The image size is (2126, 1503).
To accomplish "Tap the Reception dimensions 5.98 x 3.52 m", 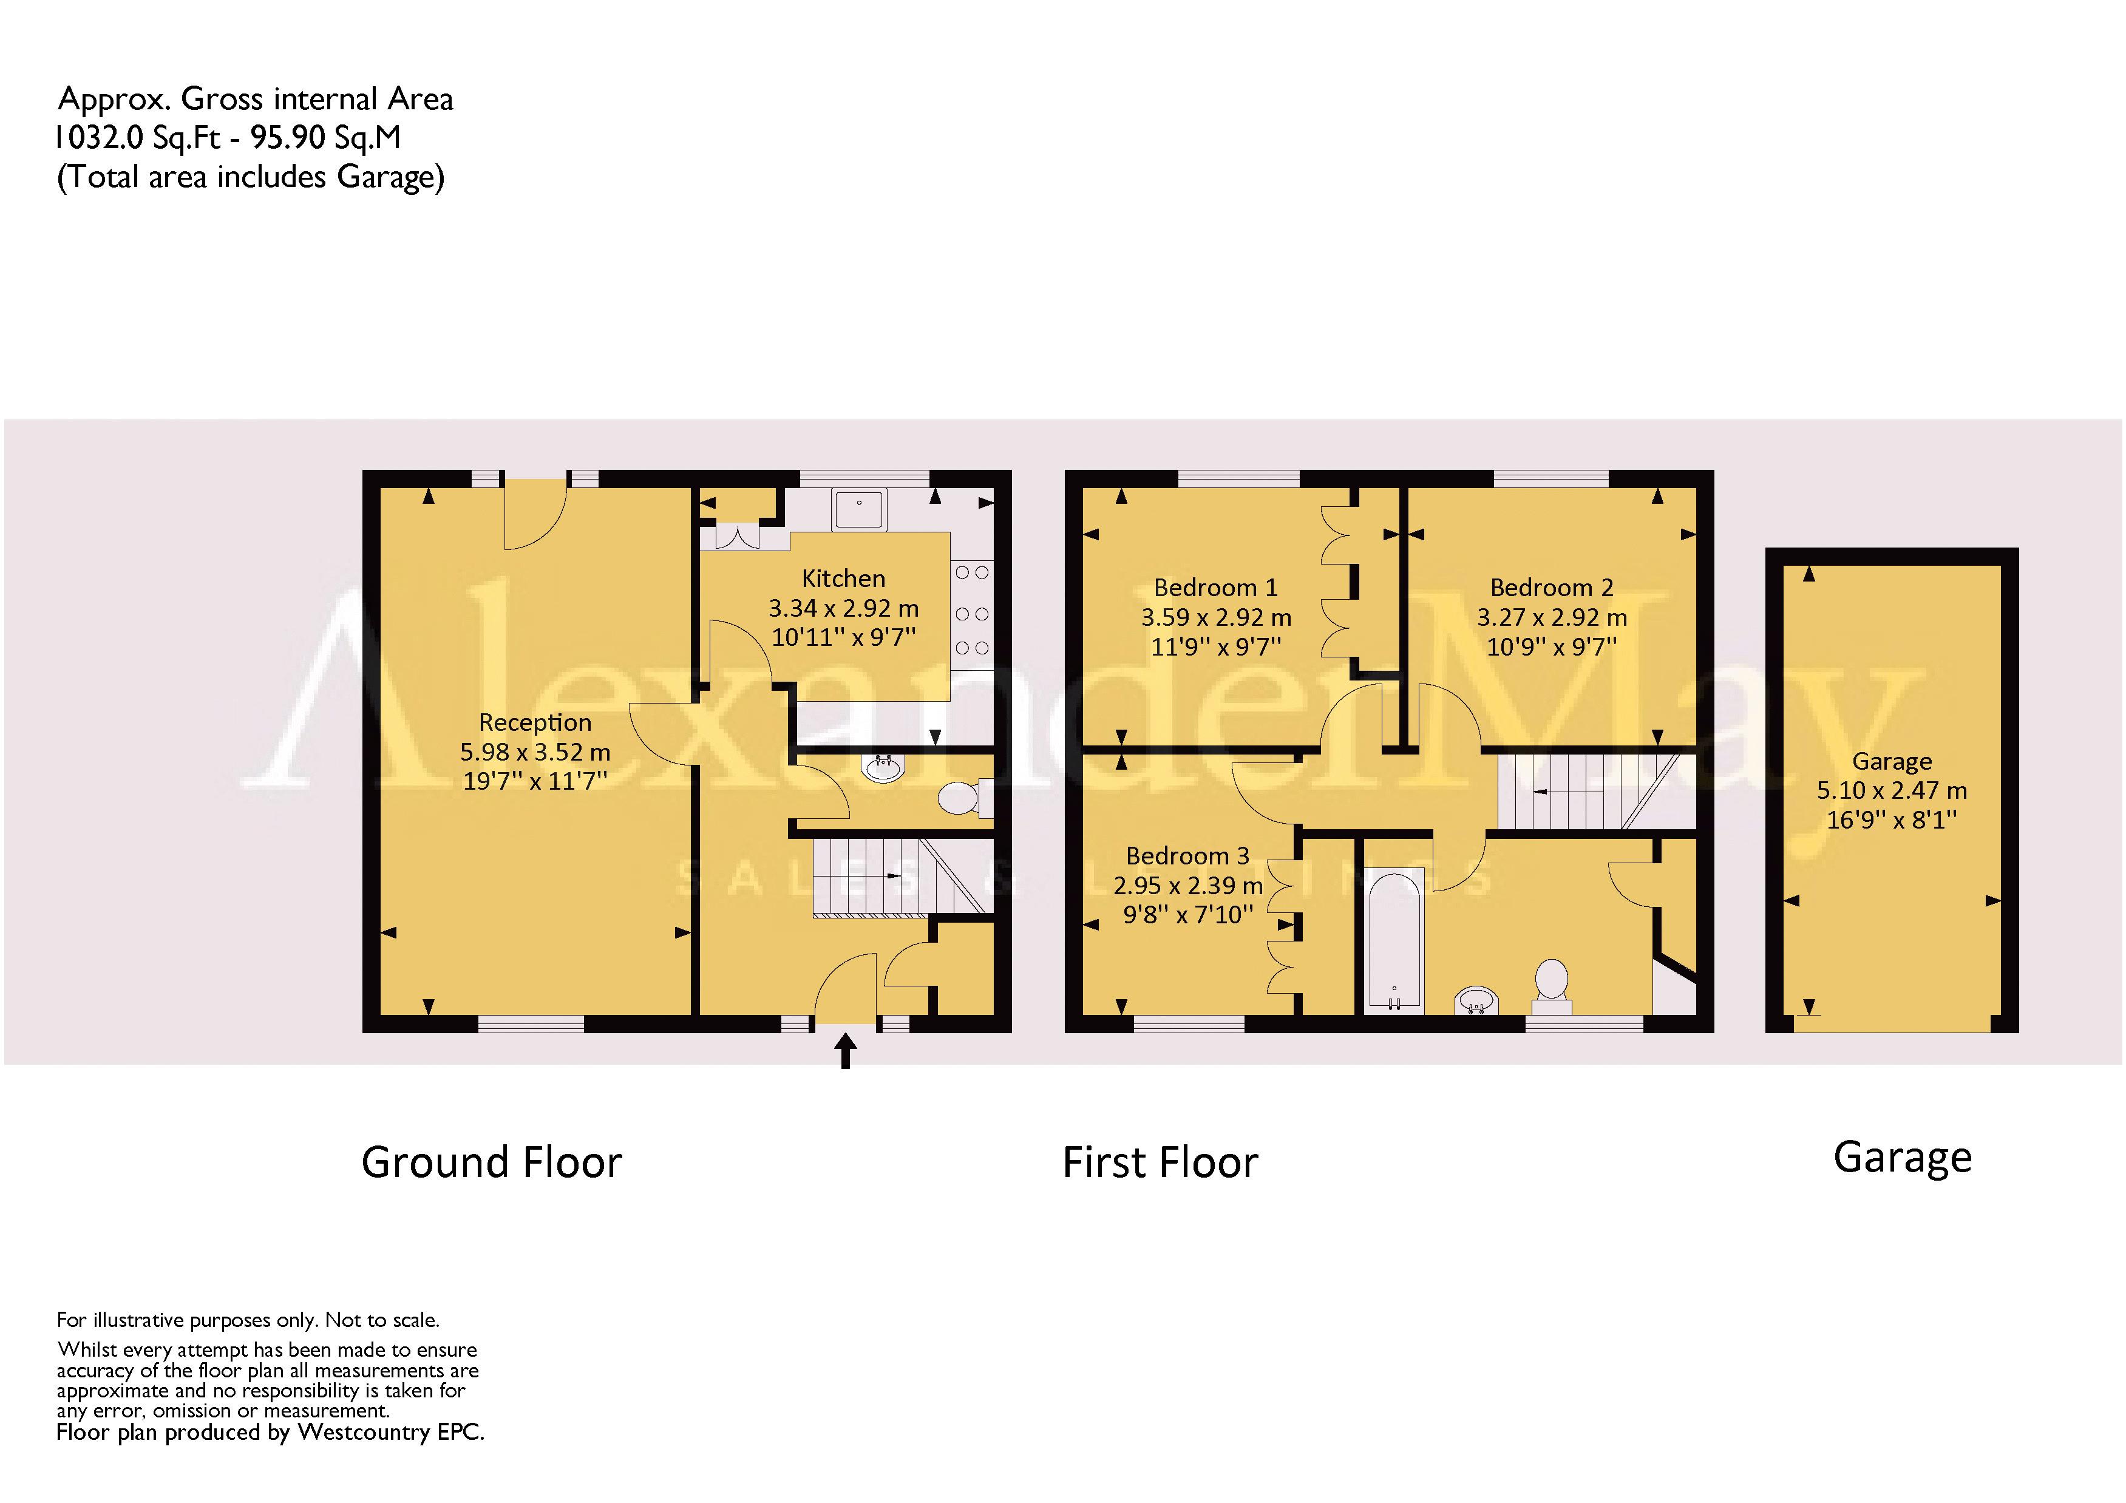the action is [535, 752].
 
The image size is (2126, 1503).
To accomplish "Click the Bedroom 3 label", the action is [1188, 856].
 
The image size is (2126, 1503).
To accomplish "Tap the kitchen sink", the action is [859, 509].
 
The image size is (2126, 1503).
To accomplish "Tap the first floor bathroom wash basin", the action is [1477, 1001].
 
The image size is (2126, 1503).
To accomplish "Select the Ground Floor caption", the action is [492, 1162].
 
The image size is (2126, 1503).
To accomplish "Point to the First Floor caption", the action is [1160, 1162].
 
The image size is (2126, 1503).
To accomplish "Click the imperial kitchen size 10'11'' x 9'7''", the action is [844, 637].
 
